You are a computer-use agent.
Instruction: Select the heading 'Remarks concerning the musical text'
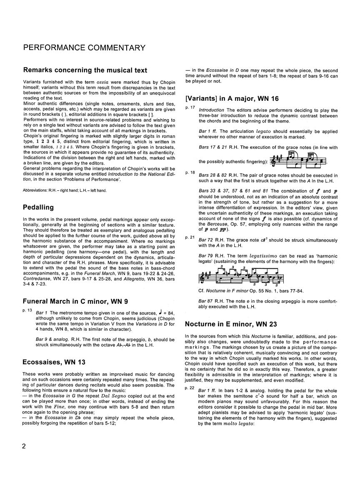(x=85, y=70)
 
